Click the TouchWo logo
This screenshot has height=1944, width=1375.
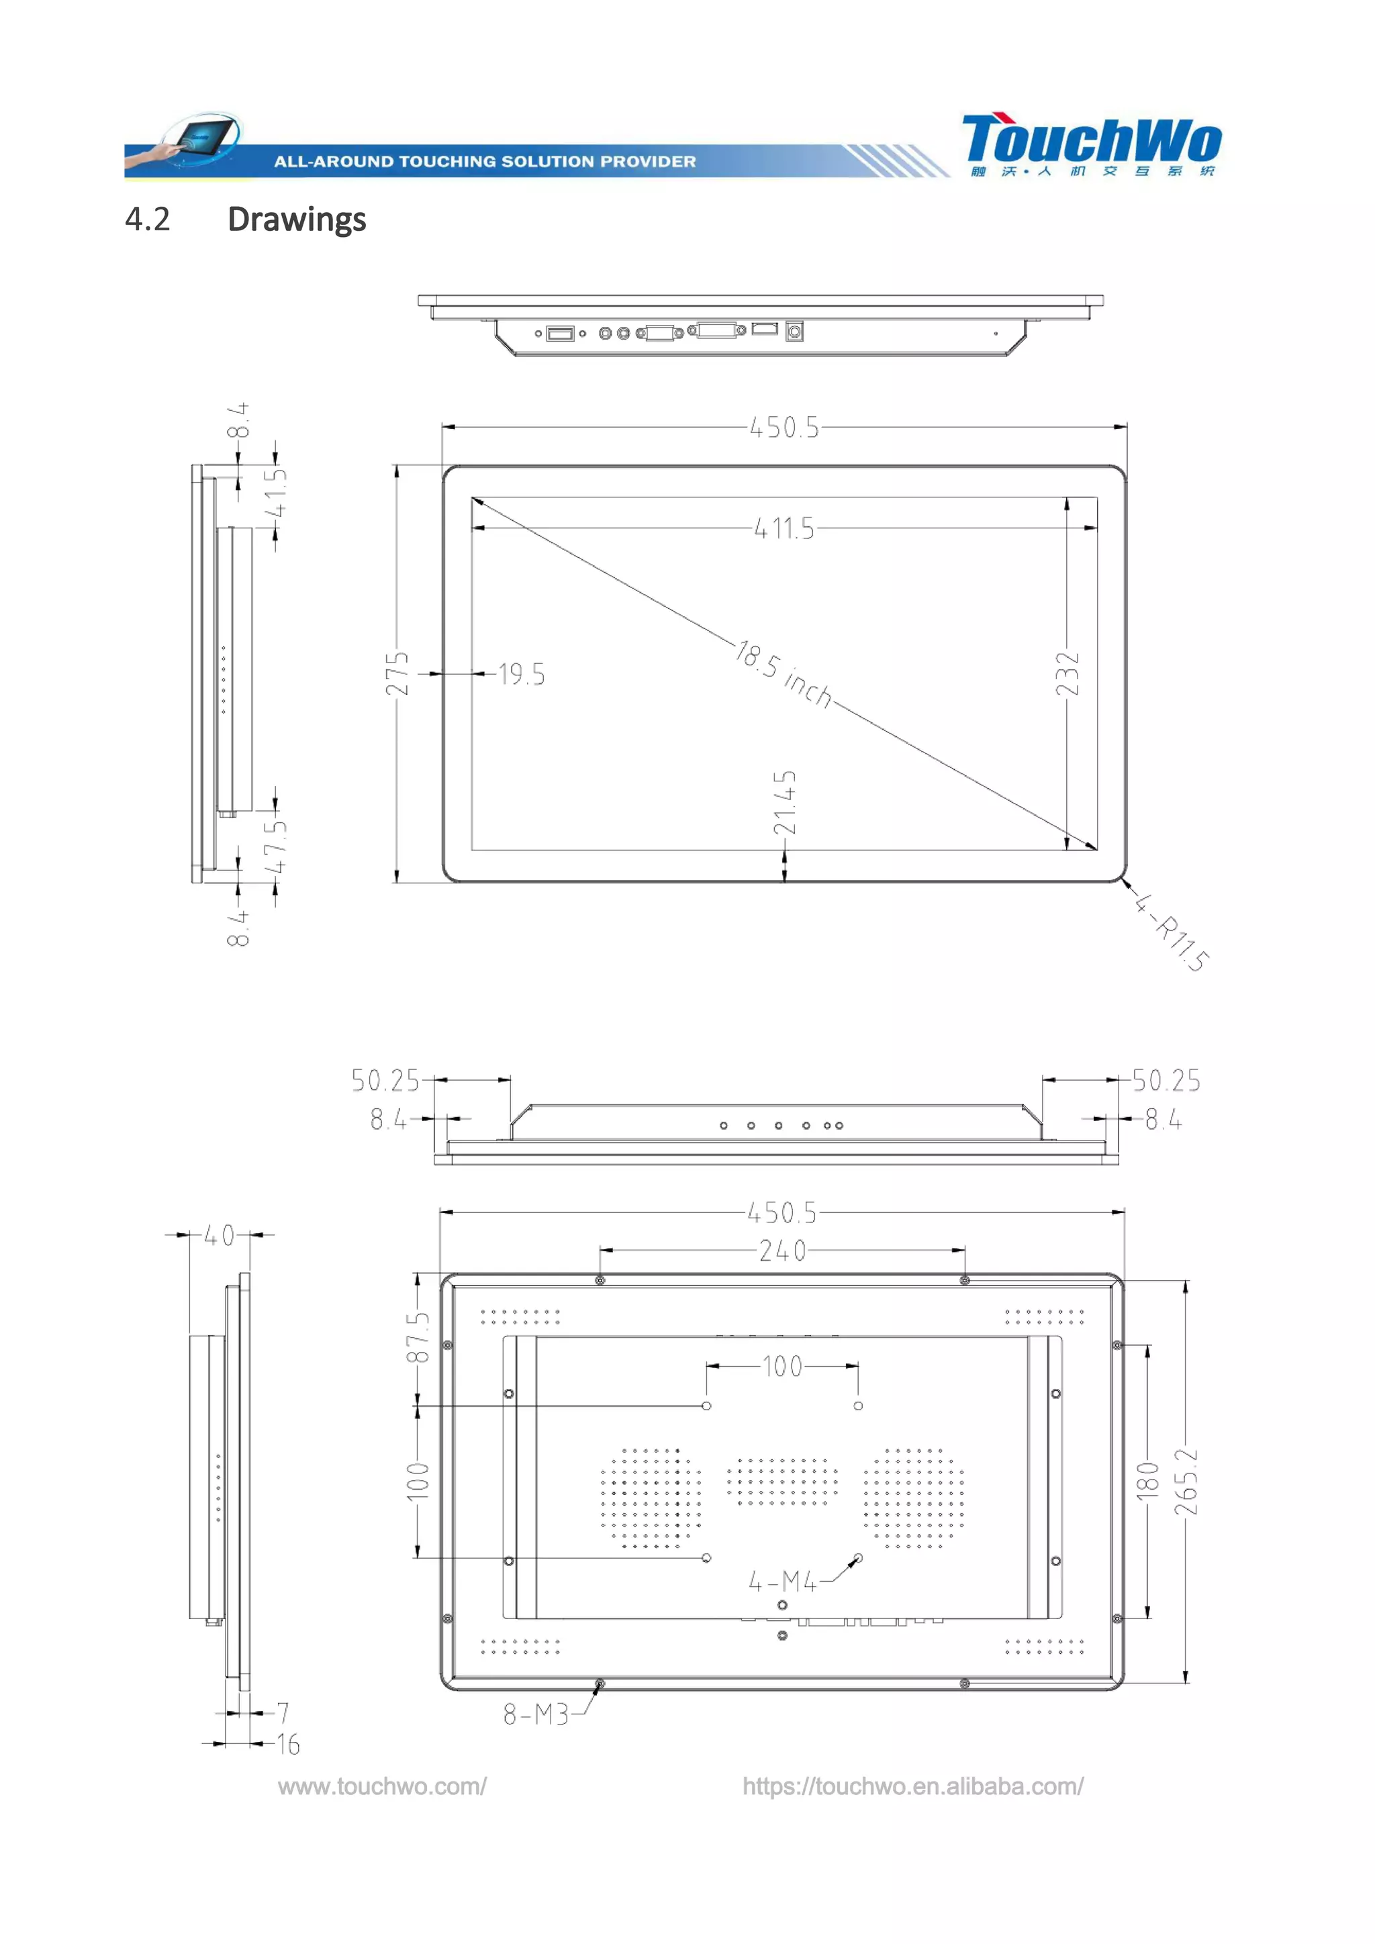tap(1090, 144)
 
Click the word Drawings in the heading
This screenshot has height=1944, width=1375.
tap(296, 220)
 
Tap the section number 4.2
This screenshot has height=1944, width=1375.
tap(147, 220)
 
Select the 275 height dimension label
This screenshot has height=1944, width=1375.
tap(397, 673)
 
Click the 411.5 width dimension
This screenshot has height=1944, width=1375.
tap(784, 529)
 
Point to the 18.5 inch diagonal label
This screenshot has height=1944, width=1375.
tap(784, 674)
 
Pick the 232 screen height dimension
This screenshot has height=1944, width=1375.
tap(1068, 673)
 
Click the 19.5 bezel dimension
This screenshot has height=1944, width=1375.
tap(522, 675)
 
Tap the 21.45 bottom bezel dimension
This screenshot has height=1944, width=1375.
tap(785, 801)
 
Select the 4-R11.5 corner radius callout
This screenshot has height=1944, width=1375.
tap(1173, 931)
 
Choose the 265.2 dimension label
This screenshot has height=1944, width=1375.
tap(1186, 1481)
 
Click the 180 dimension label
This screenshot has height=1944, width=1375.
tap(1147, 1481)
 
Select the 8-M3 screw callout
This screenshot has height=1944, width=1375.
tap(536, 1714)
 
